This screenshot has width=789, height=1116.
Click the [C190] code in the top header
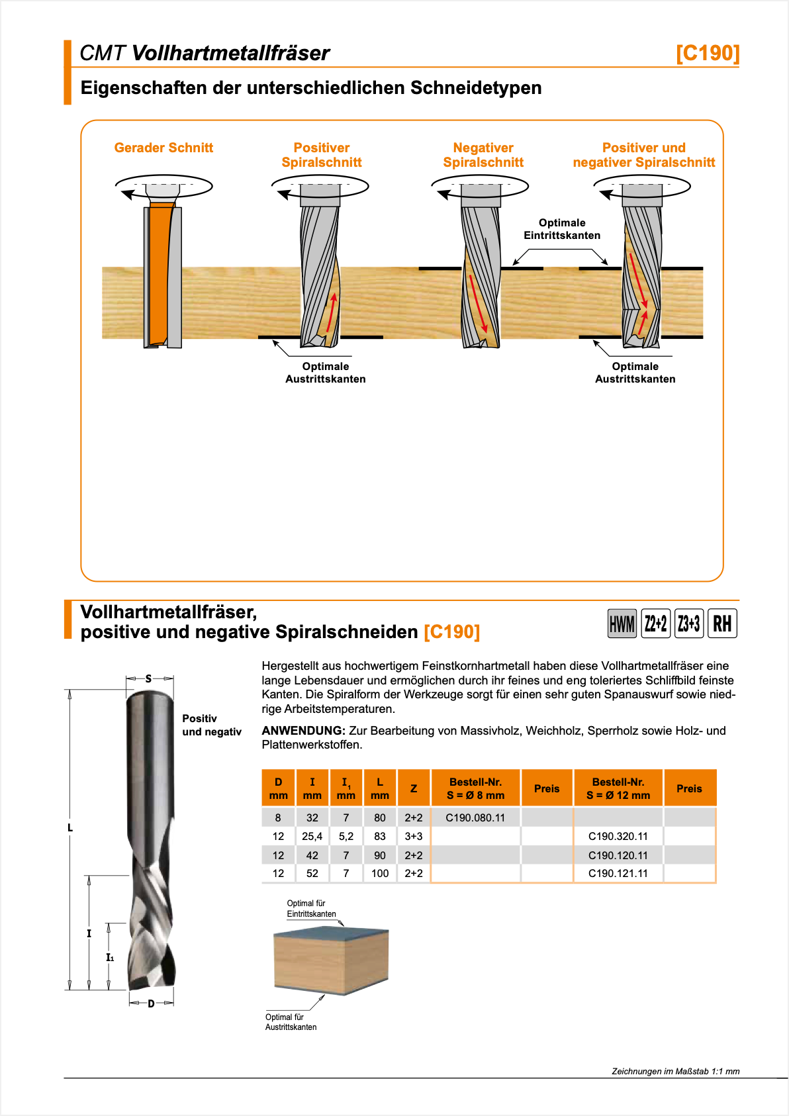707,53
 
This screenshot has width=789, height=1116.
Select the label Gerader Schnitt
163,148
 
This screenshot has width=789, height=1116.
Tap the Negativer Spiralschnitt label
483,155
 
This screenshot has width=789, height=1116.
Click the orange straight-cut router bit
160,275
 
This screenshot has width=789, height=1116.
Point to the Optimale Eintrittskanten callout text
562,229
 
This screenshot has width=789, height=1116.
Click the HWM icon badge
622,624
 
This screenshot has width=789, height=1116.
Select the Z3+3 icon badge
688,624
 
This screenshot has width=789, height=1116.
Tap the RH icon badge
722,624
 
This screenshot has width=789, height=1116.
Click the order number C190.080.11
475,817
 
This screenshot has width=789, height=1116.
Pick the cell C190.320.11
618,836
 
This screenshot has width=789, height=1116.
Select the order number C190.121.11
618,873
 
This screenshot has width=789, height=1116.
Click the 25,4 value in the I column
312,836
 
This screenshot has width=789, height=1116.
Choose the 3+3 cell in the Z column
414,836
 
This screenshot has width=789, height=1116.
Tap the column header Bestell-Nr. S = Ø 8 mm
475,788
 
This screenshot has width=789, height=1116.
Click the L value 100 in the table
380,873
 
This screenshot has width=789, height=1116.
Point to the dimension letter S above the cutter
149,678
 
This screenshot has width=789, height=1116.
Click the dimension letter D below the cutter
151,1003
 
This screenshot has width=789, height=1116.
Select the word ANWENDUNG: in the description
303,731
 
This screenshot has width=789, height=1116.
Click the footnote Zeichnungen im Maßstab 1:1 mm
675,1071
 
